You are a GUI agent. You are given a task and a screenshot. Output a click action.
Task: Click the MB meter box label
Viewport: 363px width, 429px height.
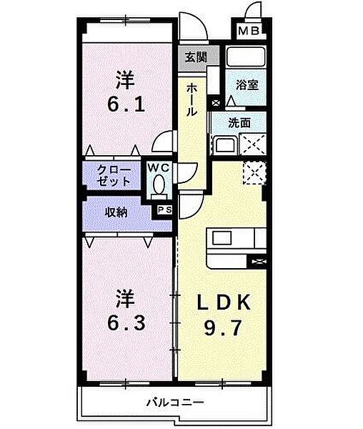tap(248, 31)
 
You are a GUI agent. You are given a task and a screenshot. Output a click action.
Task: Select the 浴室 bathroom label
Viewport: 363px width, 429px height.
tap(247, 84)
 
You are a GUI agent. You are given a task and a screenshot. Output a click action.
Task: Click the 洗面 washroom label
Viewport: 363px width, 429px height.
tap(239, 122)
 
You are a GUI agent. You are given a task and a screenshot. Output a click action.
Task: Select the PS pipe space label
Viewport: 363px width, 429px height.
tap(164, 209)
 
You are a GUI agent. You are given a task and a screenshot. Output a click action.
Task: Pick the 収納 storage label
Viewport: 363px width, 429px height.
tap(117, 213)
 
